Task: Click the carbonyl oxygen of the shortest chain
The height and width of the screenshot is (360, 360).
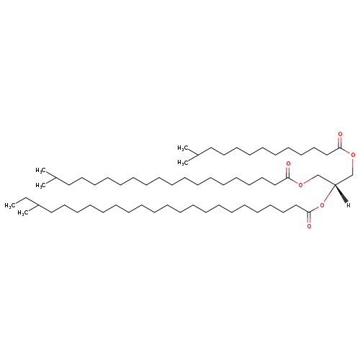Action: (340, 135)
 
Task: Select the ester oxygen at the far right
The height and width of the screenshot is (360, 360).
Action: (353, 155)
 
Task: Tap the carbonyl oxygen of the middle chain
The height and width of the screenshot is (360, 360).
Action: (288, 164)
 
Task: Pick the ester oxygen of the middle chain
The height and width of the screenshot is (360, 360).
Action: (300, 184)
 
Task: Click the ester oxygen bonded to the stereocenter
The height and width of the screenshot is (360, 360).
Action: (322, 205)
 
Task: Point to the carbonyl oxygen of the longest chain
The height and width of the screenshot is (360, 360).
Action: (309, 226)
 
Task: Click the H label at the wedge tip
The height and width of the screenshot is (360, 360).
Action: (348, 205)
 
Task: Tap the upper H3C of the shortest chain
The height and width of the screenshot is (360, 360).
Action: (182, 148)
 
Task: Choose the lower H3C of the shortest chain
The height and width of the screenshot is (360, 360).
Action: (182, 163)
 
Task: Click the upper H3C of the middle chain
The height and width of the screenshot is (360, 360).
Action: (40, 171)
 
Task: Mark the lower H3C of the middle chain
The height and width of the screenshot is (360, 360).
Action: (40, 186)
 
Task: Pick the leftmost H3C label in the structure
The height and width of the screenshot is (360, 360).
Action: (9, 205)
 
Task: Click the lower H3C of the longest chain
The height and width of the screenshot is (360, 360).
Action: (22, 213)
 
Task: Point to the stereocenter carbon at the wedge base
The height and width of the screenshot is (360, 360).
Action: (335, 184)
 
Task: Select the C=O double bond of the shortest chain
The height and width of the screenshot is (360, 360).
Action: (340, 142)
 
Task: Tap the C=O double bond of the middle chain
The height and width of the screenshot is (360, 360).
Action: (288, 172)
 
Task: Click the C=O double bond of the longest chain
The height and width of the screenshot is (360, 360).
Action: (309, 218)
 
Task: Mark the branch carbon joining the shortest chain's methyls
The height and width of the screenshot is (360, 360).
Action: (197, 155)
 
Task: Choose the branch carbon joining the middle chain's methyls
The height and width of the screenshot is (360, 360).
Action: (56, 178)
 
